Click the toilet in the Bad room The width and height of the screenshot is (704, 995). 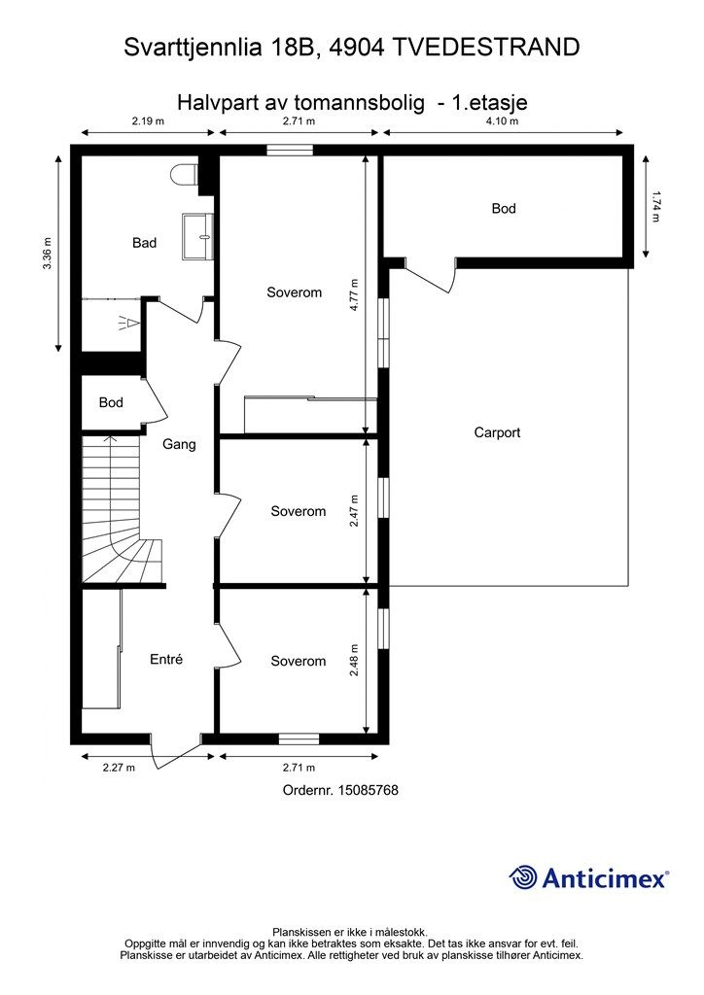185,175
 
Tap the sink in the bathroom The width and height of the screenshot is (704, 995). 197,236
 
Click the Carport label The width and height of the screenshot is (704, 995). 497,432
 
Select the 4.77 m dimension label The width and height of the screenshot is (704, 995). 354,294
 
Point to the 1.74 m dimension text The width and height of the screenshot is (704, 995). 655,207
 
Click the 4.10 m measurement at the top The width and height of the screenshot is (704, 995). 502,120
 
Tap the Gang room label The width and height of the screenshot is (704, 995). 179,444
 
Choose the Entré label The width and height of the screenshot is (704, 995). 166,660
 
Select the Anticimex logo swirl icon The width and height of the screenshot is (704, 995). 522,877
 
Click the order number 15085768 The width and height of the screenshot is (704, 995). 369,790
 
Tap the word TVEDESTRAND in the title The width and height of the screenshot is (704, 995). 485,48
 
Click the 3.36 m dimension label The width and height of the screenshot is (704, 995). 47,253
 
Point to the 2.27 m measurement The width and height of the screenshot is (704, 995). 120,768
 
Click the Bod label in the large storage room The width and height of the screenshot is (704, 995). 504,209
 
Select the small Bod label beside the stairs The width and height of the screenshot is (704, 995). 111,402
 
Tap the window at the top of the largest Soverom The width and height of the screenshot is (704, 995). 290,151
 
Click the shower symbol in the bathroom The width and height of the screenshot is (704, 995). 127,324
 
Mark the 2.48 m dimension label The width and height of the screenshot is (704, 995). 354,660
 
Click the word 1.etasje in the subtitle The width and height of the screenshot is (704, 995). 489,102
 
